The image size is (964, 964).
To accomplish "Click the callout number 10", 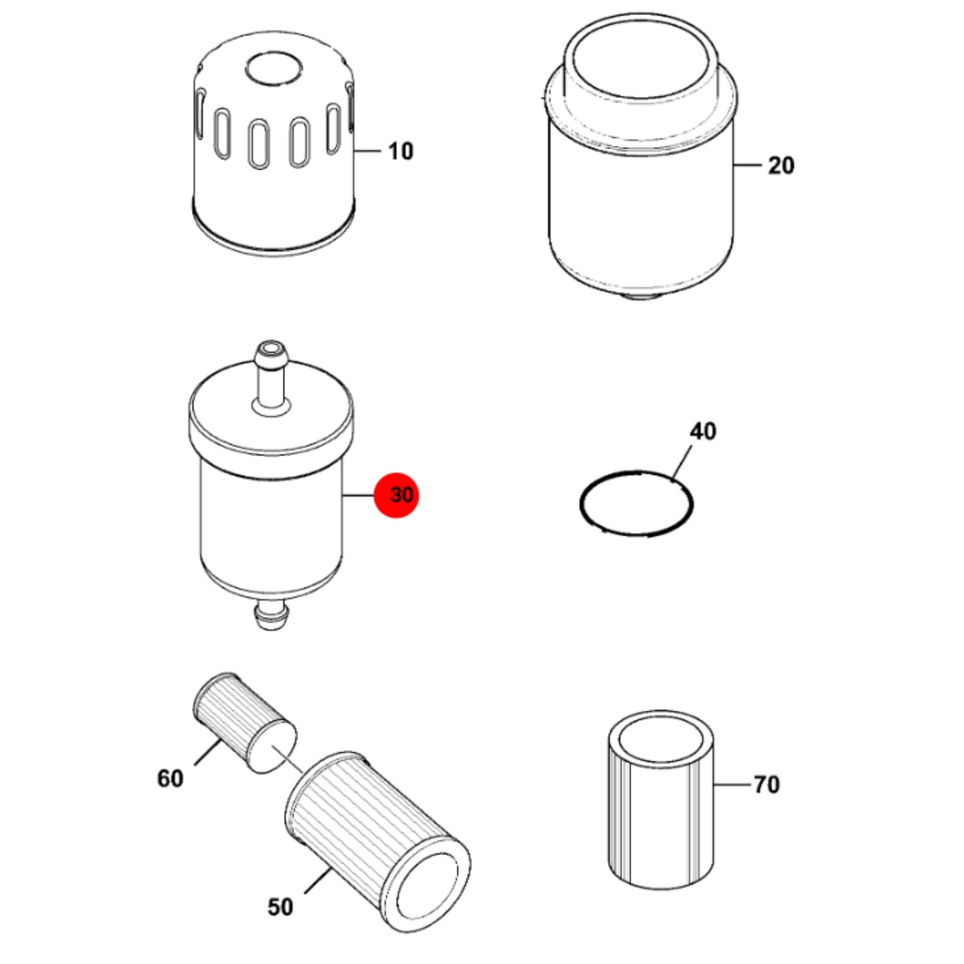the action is (401, 151).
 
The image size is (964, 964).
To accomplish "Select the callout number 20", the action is (781, 165).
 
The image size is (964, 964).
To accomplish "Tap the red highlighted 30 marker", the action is (397, 495).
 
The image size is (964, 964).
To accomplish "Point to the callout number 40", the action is (703, 431).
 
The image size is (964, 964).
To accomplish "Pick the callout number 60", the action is (170, 779).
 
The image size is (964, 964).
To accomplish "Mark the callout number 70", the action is (767, 785).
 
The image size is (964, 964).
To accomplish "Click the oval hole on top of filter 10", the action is (274, 69).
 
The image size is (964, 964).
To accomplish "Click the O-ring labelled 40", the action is (636, 504).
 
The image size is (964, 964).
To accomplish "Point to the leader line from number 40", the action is (682, 463).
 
